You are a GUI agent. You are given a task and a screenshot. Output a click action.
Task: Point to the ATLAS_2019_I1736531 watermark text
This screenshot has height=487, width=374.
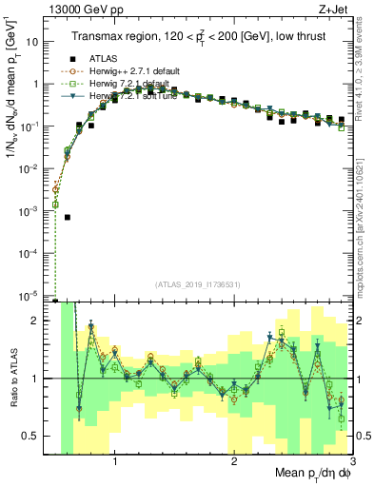pos(204,284)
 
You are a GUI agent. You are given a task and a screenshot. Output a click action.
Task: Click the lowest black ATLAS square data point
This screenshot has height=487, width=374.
pos(68,217)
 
